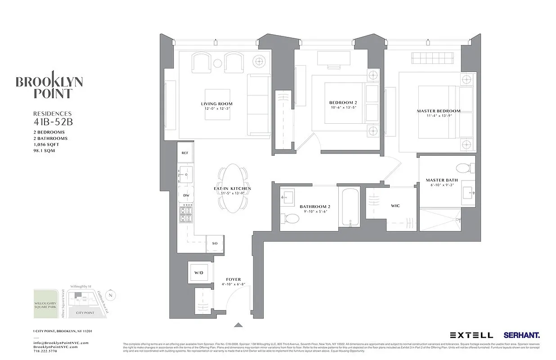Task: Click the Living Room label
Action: coord(216,104)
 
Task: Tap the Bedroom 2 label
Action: coord(343,103)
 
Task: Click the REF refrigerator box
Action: coord(185,153)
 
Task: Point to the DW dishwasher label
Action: coord(185,195)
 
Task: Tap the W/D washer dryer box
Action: coord(198,273)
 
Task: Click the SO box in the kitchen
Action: coord(215,243)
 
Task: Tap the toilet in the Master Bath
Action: coord(463,168)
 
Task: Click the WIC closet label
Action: coord(396,206)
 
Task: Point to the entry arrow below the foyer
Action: coord(238,324)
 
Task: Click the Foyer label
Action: coord(233,279)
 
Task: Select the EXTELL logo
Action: coord(471,335)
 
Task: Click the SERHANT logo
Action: coord(521,335)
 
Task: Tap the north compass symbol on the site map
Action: coord(112,295)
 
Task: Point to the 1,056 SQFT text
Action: coord(46,144)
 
